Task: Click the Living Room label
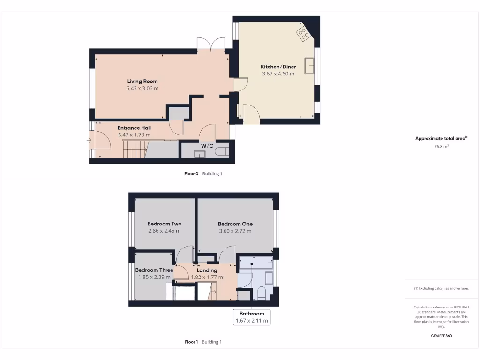pyautogui.click(x=142, y=81)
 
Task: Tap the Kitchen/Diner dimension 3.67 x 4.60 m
pyautogui.click(x=278, y=74)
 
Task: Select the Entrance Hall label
pyautogui.click(x=134, y=127)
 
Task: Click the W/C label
pyautogui.click(x=207, y=146)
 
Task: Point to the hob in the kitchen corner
pyautogui.click(x=302, y=33)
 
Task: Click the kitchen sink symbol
pyautogui.click(x=309, y=66)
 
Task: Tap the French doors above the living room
pyautogui.click(x=211, y=45)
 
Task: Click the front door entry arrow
pyautogui.click(x=89, y=140)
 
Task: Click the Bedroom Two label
pyautogui.click(x=164, y=224)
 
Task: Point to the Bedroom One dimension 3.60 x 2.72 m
pyautogui.click(x=235, y=231)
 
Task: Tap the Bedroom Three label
pyautogui.click(x=154, y=270)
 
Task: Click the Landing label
pyautogui.click(x=207, y=270)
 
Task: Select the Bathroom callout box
pyautogui.click(x=252, y=317)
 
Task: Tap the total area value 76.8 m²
pyautogui.click(x=441, y=146)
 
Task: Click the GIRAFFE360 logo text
pyautogui.click(x=441, y=336)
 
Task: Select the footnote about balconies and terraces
pyautogui.click(x=441, y=288)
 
